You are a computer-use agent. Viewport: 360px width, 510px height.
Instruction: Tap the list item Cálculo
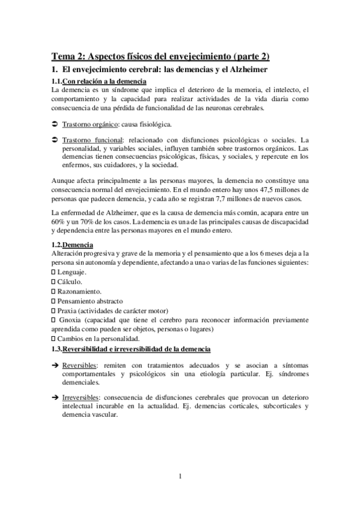(69, 281)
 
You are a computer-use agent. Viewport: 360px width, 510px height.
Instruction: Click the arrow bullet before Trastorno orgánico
(53, 124)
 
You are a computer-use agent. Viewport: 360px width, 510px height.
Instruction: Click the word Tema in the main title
(61, 57)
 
